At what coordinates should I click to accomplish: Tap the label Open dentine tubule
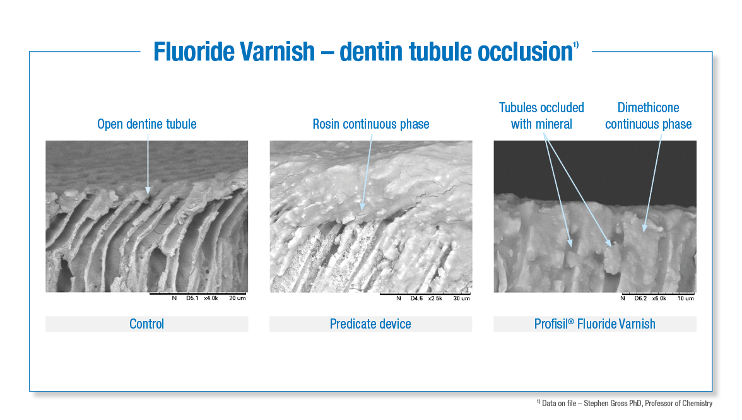(146, 124)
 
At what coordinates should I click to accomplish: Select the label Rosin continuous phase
(371, 124)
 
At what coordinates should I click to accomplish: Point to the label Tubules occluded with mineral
(541, 116)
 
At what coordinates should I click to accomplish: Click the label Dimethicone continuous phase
(649, 116)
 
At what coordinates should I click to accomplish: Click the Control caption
(146, 324)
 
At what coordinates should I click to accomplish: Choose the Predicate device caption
(370, 324)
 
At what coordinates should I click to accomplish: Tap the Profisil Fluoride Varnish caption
(595, 324)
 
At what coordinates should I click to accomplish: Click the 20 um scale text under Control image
(237, 298)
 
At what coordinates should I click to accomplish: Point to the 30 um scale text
(462, 298)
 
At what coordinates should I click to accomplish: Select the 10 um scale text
(686, 298)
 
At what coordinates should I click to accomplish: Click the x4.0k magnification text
(211, 298)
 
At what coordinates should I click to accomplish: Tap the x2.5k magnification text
(435, 298)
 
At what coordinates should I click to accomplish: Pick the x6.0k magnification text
(659, 298)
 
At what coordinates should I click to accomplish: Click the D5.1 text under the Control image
(190, 298)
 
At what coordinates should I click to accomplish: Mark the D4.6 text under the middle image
(416, 298)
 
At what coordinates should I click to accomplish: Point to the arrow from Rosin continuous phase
(367, 170)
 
